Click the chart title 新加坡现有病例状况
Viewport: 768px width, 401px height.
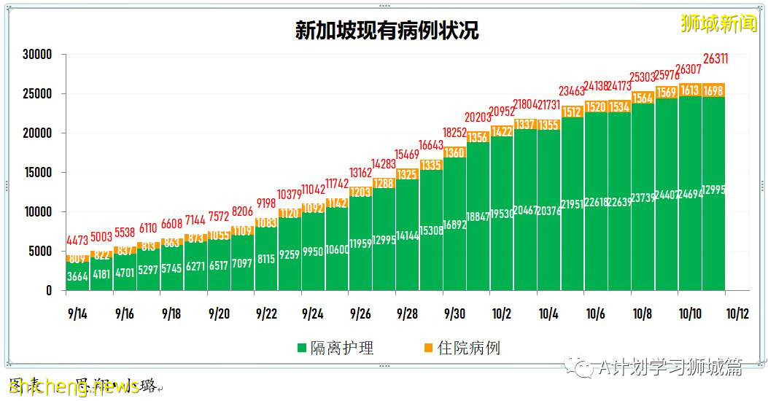pos(387,30)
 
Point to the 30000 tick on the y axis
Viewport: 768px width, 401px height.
pos(36,55)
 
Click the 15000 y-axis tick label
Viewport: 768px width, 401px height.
pos(36,173)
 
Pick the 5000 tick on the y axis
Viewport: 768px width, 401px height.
pos(39,252)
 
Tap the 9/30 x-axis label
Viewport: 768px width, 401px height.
pos(454,314)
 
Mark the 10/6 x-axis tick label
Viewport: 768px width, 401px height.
pos(595,314)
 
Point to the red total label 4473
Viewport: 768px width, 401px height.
pos(78,240)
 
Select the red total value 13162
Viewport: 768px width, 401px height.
pos(361,173)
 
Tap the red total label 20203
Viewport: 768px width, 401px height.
pos(478,117)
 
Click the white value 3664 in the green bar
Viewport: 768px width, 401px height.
pos(78,276)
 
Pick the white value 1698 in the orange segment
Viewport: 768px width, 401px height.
pos(713,90)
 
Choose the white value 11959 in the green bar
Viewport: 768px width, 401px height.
pos(361,243)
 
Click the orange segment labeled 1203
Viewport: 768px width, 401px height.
pos(361,192)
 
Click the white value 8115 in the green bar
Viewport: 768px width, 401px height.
pos(266,258)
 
